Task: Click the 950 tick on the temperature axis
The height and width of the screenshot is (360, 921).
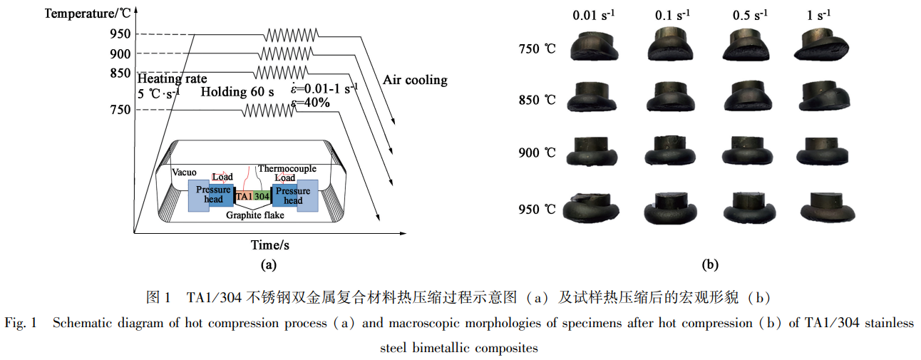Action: (x=120, y=34)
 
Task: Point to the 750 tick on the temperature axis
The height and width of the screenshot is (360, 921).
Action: (x=120, y=109)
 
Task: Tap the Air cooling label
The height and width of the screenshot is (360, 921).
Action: (x=415, y=80)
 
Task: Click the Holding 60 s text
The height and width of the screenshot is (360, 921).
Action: (x=237, y=92)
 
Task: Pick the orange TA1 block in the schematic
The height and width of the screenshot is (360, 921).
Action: (x=244, y=195)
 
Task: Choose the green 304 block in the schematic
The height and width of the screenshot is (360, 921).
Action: (x=262, y=195)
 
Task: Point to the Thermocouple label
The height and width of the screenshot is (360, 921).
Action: (x=287, y=169)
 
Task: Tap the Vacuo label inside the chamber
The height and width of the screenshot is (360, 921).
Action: (x=184, y=172)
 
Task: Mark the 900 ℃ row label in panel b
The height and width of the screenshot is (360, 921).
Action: (x=537, y=153)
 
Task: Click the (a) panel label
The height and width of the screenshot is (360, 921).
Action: (x=268, y=265)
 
